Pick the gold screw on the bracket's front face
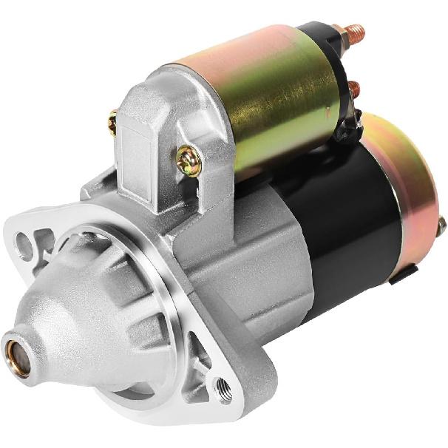189,160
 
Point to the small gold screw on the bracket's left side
112,122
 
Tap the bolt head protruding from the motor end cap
441,226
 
